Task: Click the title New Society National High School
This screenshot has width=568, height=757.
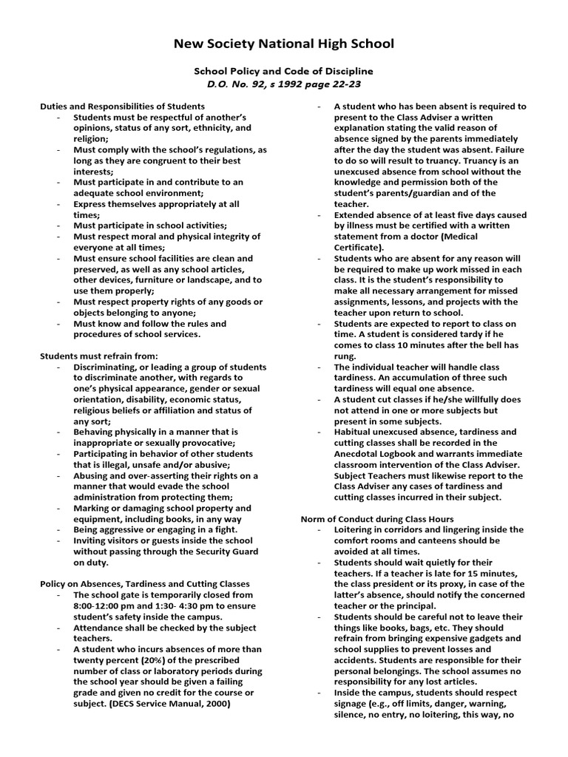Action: (x=284, y=44)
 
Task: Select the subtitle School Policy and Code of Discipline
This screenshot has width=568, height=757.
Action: (x=284, y=72)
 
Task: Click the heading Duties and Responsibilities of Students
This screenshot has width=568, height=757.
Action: (x=122, y=106)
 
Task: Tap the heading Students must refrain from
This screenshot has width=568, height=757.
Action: (x=98, y=356)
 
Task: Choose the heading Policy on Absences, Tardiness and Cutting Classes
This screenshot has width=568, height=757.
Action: (x=144, y=583)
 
